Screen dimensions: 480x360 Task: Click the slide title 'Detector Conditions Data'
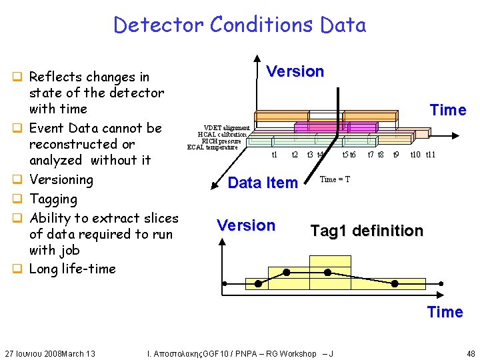pos(239,25)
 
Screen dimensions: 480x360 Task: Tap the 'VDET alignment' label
pos(227,127)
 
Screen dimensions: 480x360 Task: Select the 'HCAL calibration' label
pos(222,134)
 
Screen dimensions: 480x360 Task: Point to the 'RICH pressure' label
pos(221,141)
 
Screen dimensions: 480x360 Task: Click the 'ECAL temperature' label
pos(212,147)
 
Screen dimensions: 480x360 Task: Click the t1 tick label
pos(274,155)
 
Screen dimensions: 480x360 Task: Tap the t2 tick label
pos(295,155)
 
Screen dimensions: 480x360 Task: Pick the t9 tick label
pos(395,155)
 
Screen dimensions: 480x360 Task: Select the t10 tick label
pos(415,155)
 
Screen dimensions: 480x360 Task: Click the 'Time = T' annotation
pos(335,179)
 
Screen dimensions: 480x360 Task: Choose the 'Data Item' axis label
pos(263,183)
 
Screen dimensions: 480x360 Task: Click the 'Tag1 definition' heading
pos(367,231)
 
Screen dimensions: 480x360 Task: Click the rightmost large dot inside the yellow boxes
pos(394,284)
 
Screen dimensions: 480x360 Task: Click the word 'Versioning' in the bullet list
pos(61,179)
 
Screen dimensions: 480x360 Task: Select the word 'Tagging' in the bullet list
pos(53,199)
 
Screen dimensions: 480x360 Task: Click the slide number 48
pos(471,353)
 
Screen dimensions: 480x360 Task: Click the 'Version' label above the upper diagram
pos(295,71)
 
